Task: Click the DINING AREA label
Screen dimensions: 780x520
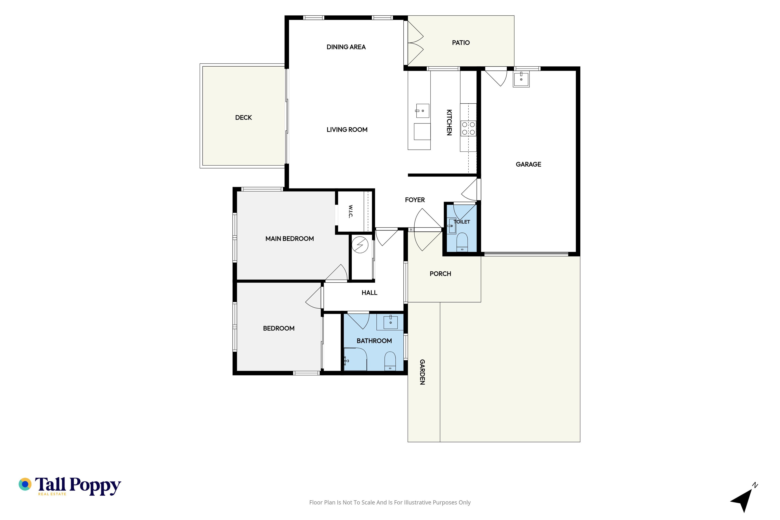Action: pos(346,47)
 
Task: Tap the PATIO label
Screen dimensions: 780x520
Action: pos(461,42)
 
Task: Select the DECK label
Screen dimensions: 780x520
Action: pos(243,117)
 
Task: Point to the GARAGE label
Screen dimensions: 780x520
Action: pos(528,164)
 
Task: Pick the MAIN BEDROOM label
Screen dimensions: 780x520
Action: pos(289,238)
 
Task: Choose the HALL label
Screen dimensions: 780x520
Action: pos(369,292)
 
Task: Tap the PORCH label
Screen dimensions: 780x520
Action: pos(440,274)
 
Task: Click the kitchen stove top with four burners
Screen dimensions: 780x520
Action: pos(468,128)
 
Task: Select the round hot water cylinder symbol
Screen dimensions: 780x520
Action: pos(360,245)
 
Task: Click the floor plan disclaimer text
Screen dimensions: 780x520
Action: pos(390,502)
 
